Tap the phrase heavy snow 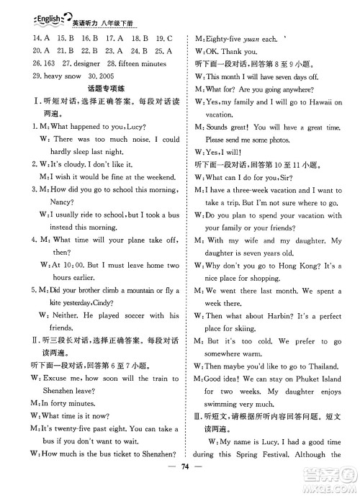52,76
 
